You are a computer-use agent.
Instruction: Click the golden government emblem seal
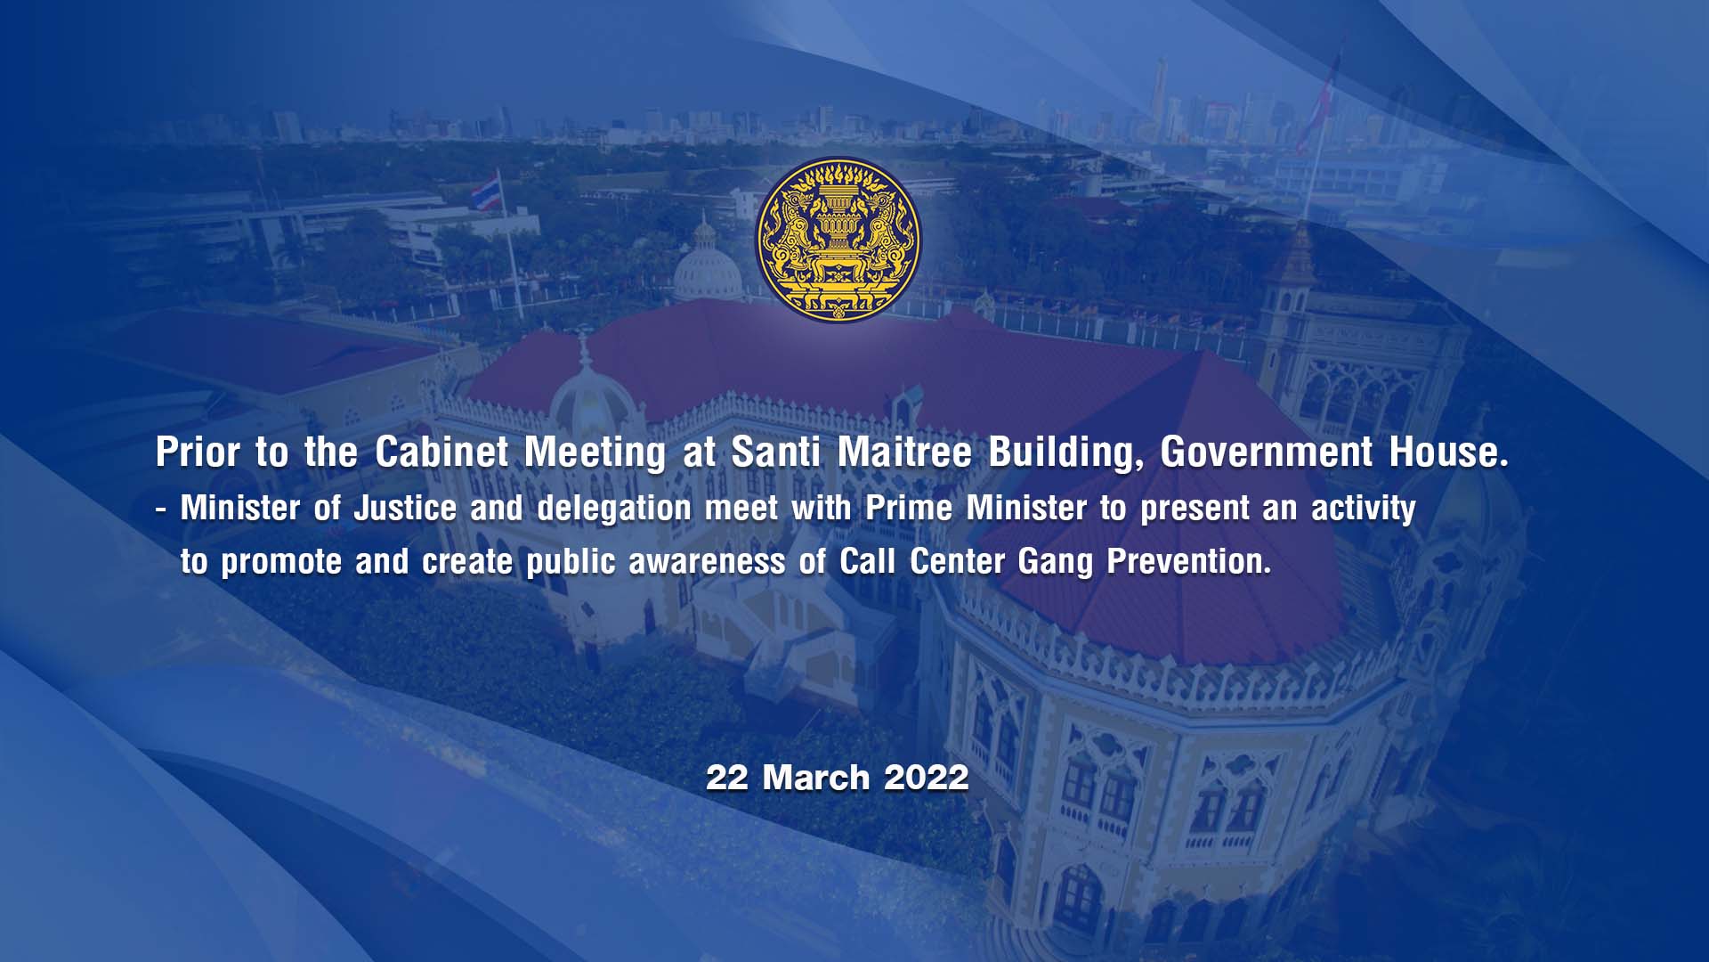point(838,240)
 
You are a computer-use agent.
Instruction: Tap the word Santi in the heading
point(775,452)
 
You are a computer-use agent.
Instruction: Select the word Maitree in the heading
point(904,452)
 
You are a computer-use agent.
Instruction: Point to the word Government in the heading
point(1267,452)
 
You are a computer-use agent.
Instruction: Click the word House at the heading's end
point(1449,452)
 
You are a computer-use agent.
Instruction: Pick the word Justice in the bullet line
point(405,509)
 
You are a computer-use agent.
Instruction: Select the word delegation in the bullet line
point(614,510)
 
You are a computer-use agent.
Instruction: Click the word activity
point(1363,510)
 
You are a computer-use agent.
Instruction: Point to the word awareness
point(707,562)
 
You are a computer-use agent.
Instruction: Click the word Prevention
point(1189,562)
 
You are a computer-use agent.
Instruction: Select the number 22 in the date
point(727,778)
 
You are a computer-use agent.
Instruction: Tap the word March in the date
point(815,778)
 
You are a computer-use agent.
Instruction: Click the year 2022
point(926,778)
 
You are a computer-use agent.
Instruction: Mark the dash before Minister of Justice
point(160,510)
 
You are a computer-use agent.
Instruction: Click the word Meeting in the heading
point(595,452)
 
